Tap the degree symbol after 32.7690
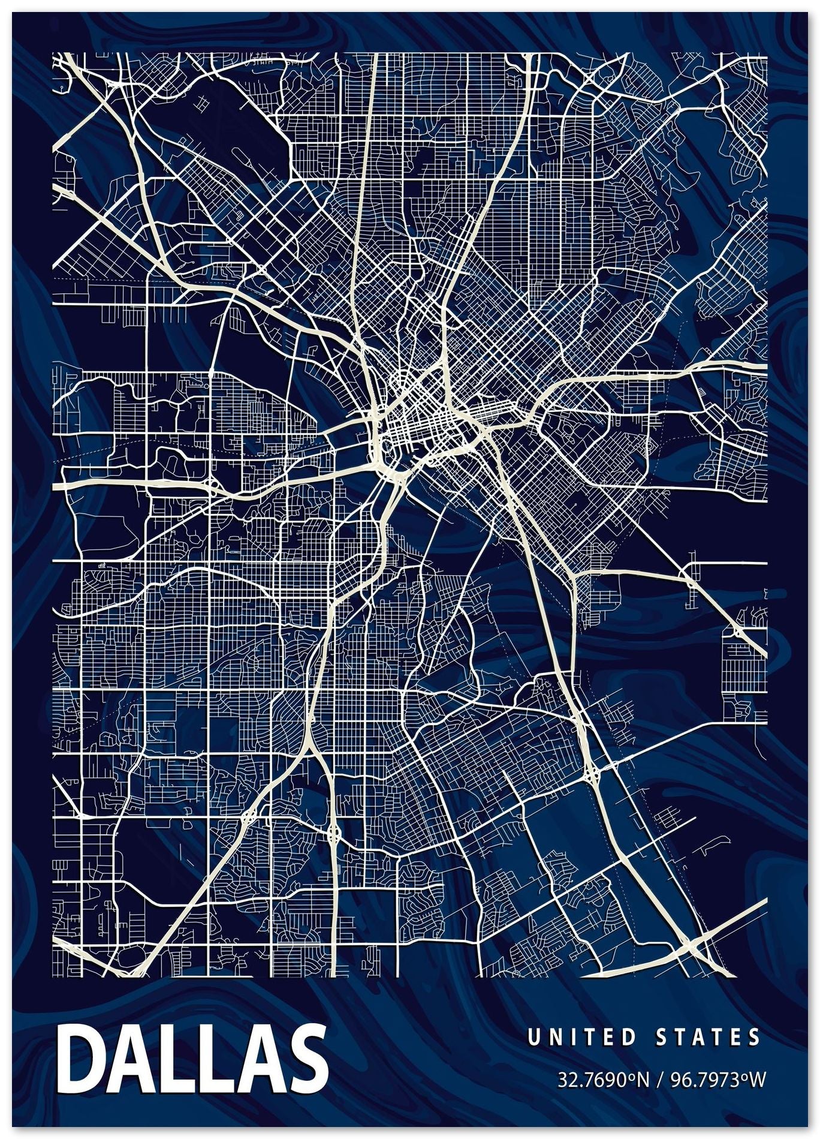(632, 1078)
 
